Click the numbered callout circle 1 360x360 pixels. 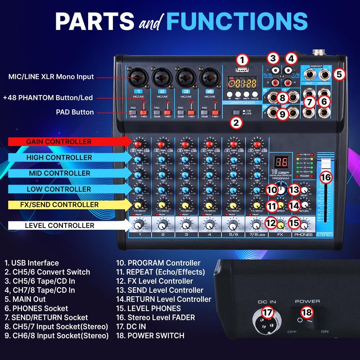click(x=243, y=59)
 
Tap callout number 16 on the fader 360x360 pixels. click(x=325, y=177)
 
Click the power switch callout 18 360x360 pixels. click(x=307, y=312)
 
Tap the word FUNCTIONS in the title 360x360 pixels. click(x=237, y=21)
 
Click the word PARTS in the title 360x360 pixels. click(x=94, y=21)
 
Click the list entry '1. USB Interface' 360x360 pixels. click(x=32, y=263)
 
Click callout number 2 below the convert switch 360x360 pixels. click(x=236, y=123)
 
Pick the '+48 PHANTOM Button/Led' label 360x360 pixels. click(x=48, y=98)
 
